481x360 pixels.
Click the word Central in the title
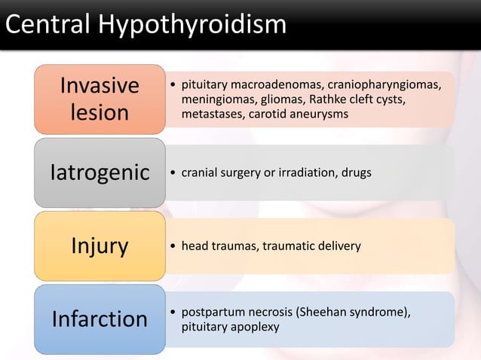pyautogui.click(x=49, y=25)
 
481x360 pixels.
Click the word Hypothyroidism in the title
pyautogui.click(x=191, y=25)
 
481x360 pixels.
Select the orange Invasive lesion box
pyautogui.click(x=100, y=99)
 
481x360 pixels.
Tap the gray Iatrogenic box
pyautogui.click(x=100, y=172)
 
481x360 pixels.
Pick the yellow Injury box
pyautogui.click(x=100, y=246)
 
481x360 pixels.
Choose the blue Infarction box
pyautogui.click(x=100, y=319)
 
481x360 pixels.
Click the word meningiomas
pyautogui.click(x=213, y=100)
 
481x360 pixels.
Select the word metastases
pyautogui.click(x=209, y=114)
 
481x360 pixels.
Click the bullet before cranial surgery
pyautogui.click(x=173, y=172)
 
